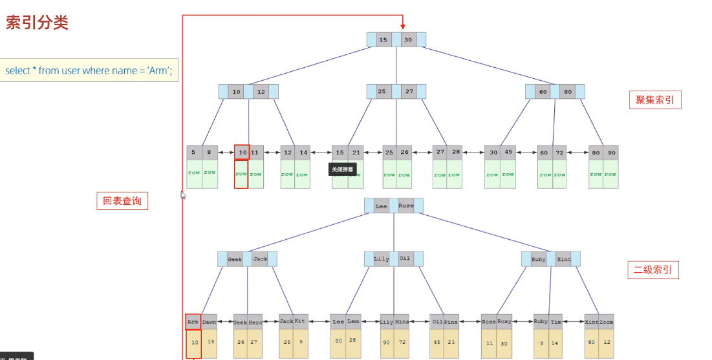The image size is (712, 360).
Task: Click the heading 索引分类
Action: [37, 23]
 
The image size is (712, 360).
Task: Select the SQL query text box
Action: [89, 70]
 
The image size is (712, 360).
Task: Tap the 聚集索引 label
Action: [654, 100]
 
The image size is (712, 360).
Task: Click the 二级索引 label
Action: [653, 270]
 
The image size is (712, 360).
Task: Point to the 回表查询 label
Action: [122, 201]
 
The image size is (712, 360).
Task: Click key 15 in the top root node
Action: [383, 40]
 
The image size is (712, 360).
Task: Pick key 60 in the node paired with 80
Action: [543, 92]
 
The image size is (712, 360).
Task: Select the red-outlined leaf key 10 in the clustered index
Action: [242, 153]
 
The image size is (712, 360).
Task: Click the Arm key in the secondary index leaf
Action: [193, 321]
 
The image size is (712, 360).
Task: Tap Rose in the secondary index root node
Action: [406, 206]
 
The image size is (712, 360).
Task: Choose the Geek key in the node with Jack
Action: [235, 259]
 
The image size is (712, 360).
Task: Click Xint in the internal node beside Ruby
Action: [563, 259]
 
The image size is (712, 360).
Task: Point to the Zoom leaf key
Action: [606, 321]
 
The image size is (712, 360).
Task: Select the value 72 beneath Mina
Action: [402, 342]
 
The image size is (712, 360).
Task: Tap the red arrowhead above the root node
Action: [402, 25]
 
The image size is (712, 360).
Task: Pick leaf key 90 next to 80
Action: [610, 153]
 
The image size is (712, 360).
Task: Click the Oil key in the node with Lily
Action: [405, 259]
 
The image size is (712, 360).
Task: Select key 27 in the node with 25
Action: [409, 92]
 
